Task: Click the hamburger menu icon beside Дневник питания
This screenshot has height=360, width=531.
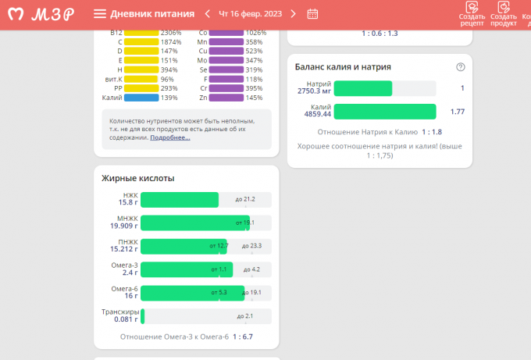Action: (99, 13)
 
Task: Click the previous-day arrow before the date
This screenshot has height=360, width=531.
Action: (208, 13)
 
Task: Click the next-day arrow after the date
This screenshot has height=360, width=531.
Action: (293, 13)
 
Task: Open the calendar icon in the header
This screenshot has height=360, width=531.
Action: (312, 13)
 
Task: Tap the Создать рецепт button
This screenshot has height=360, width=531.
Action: (472, 14)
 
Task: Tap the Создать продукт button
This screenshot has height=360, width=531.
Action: (504, 14)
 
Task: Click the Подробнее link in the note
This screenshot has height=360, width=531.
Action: (169, 137)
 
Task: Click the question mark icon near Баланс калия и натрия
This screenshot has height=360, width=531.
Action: (461, 67)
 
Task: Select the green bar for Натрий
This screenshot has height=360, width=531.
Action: (362, 88)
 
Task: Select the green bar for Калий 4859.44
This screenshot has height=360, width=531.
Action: (384, 112)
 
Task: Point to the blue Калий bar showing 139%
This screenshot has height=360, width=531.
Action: (141, 98)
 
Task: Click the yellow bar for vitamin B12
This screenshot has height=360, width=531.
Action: (141, 32)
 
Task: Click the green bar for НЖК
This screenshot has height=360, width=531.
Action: (180, 200)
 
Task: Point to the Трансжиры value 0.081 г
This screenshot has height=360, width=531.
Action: (125, 319)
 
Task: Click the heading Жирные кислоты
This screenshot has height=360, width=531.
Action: (137, 178)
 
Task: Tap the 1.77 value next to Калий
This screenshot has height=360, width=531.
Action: (458, 112)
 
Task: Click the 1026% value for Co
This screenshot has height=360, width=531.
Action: (256, 32)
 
